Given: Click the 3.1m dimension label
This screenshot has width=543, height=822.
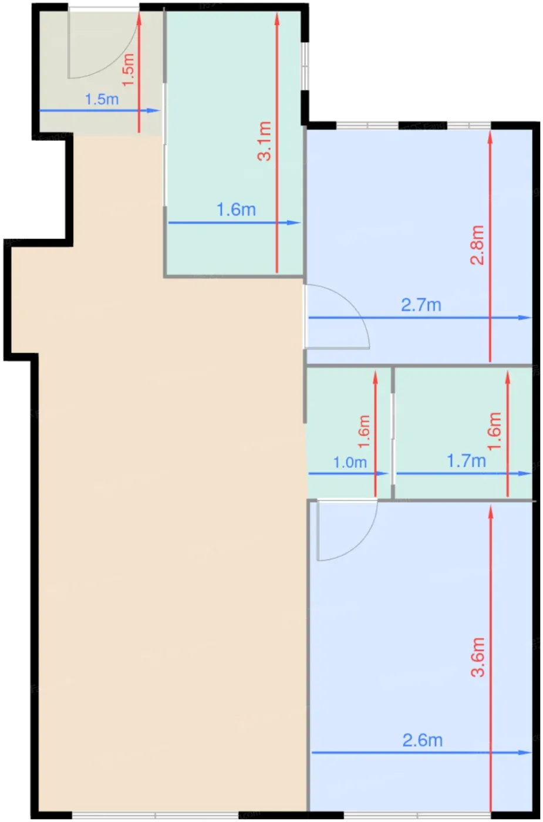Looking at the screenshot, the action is (x=265, y=141).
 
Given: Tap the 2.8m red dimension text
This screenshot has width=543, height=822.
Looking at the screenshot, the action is (x=477, y=245).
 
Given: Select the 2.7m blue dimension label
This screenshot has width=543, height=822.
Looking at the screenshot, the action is (x=421, y=305).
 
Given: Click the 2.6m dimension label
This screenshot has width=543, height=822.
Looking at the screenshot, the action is (x=422, y=740).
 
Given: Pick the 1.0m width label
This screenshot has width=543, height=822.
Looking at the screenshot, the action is (x=350, y=463).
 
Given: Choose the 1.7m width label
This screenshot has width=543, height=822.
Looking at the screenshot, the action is (x=466, y=460).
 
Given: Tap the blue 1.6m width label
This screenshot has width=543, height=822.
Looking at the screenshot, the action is (x=236, y=210).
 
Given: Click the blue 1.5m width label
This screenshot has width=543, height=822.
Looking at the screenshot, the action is (x=102, y=99).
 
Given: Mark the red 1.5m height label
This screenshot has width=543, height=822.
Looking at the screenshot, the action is (x=128, y=70).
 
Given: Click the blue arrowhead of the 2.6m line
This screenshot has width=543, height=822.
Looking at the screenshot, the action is (x=525, y=753).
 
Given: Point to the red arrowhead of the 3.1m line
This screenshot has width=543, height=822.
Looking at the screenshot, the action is (x=277, y=19).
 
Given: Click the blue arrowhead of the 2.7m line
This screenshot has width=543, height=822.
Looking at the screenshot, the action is (x=525, y=318).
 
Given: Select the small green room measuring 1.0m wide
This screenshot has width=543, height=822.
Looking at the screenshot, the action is (x=349, y=433).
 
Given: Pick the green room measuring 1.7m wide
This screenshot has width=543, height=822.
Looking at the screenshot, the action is (x=463, y=433).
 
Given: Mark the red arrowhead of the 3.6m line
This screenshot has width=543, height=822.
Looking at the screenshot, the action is (x=491, y=512).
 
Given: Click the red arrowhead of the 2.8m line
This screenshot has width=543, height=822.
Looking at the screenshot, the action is (x=490, y=137).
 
